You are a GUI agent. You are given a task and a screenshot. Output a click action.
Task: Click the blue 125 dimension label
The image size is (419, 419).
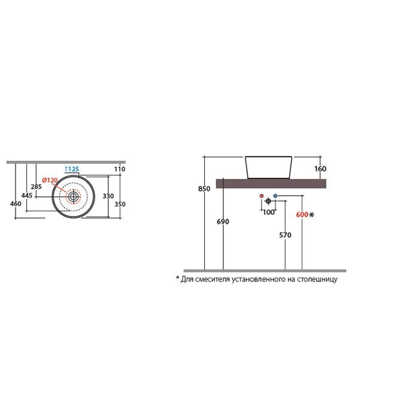(x=72, y=169)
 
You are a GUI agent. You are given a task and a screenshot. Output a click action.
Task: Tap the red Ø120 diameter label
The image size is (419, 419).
(x=50, y=180)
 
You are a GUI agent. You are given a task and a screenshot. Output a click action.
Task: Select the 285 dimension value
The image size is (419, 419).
(x=36, y=187)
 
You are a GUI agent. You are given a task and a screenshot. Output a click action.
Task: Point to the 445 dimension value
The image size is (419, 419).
(x=27, y=195)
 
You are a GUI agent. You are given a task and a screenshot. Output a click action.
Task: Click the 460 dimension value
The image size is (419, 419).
(x=16, y=204)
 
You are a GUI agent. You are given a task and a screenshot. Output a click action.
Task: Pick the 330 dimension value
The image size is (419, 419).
(x=108, y=196)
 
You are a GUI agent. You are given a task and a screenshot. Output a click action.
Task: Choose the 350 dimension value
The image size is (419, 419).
(x=120, y=204)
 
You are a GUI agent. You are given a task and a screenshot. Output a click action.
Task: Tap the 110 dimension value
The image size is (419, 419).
(x=120, y=169)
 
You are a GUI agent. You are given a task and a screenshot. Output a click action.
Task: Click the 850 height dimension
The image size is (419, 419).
(x=204, y=189)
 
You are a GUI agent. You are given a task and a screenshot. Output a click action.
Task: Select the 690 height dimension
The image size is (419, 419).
(x=223, y=221)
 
